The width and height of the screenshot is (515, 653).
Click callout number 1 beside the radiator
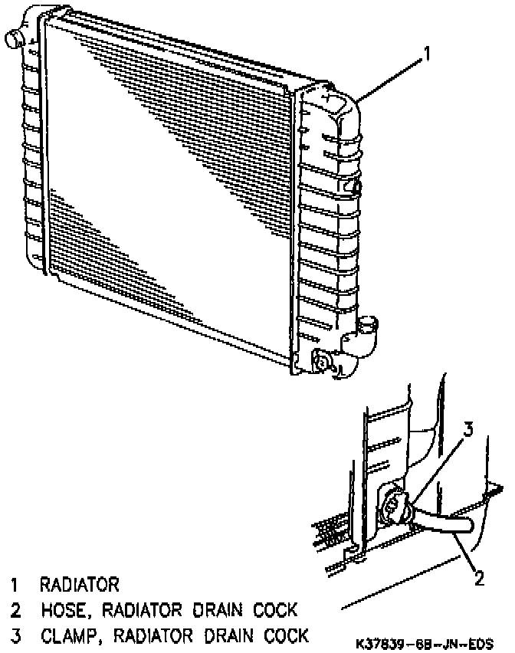[x=427, y=54]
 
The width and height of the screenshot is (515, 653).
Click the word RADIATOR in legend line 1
[x=80, y=586]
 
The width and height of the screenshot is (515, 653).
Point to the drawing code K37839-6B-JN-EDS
[x=423, y=642]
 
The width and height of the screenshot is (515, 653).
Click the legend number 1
[x=15, y=586]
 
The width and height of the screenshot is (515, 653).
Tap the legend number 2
[x=15, y=611]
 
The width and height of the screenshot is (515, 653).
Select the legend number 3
[x=15, y=635]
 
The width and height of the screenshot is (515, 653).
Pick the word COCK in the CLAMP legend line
[x=284, y=635]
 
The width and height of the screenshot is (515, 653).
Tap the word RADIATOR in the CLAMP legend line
[x=158, y=635]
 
